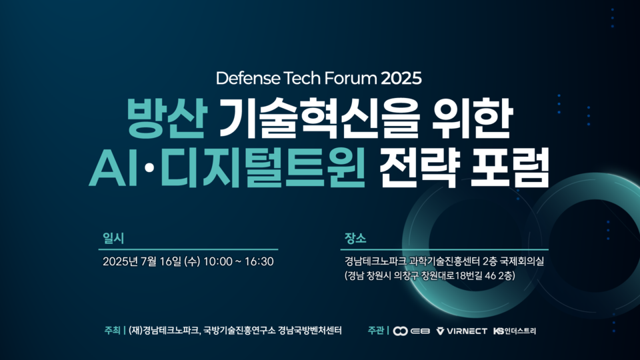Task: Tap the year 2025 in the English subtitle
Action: point(401,78)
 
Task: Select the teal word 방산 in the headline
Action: point(167,118)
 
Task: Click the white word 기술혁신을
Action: point(320,119)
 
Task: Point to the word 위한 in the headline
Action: point(472,118)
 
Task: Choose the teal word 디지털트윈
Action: point(262,168)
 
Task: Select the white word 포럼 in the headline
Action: point(510,168)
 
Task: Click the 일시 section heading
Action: point(113,239)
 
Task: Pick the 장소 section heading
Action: point(355,239)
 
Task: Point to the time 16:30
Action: point(259,261)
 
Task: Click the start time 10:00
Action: point(217,261)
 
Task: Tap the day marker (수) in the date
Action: point(192,261)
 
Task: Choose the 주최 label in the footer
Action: point(112,330)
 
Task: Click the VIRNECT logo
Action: point(461,331)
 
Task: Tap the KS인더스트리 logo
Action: point(514,331)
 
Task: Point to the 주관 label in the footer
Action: point(375,330)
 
